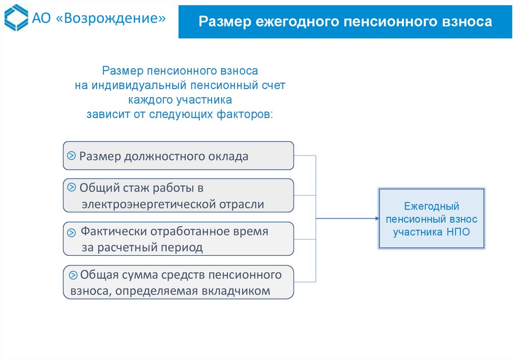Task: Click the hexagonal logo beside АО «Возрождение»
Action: (x=17, y=18)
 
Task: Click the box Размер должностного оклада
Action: (x=178, y=156)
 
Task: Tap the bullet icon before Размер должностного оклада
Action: (x=72, y=155)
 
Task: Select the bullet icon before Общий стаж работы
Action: (x=72, y=187)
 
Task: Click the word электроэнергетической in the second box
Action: (x=149, y=204)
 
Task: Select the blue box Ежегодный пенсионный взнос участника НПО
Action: (x=431, y=218)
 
